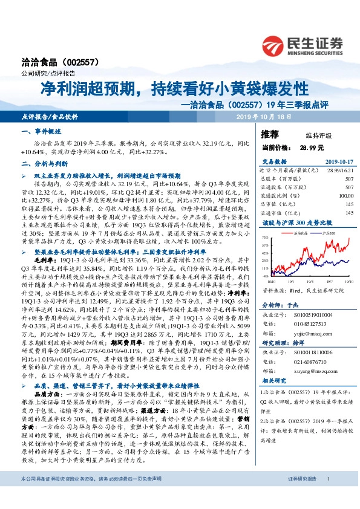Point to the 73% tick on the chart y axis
coord(265,238)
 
